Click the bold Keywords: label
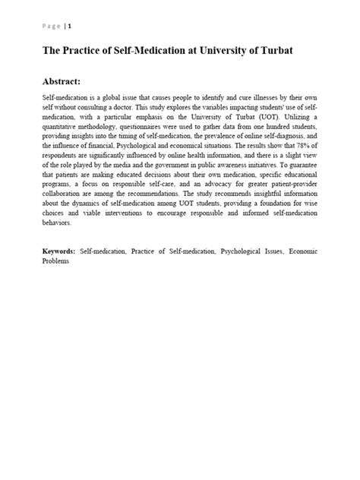coord(58,249)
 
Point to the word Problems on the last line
coord(55,260)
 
